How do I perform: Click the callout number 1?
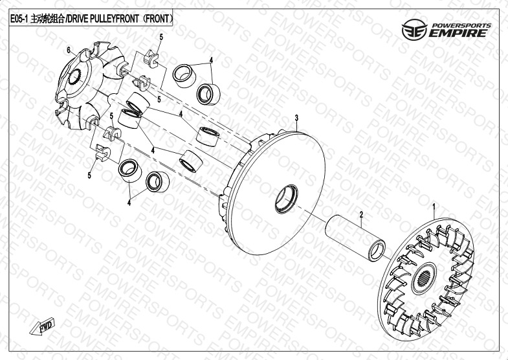pyautogui.click(x=434, y=206)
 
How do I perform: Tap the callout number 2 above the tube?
pyautogui.click(x=362, y=214)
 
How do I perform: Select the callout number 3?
pyautogui.click(x=296, y=118)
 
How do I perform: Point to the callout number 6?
pyautogui.click(x=69, y=50)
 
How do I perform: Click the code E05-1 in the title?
pyautogui.click(x=19, y=19)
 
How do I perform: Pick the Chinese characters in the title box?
pyautogui.click(x=47, y=19)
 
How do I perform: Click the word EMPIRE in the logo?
pyautogui.click(x=457, y=34)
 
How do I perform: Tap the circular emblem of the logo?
pyautogui.click(x=414, y=30)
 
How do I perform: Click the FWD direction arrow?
pyautogui.click(x=43, y=326)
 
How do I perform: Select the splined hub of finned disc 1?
pyautogui.click(x=424, y=278)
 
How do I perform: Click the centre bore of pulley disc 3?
pyautogui.click(x=287, y=199)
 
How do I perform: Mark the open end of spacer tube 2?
pyautogui.click(x=377, y=250)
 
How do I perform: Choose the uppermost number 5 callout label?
pyautogui.click(x=161, y=37)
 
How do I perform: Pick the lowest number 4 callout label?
pyautogui.click(x=129, y=203)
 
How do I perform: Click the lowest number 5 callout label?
pyautogui.click(x=89, y=175)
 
